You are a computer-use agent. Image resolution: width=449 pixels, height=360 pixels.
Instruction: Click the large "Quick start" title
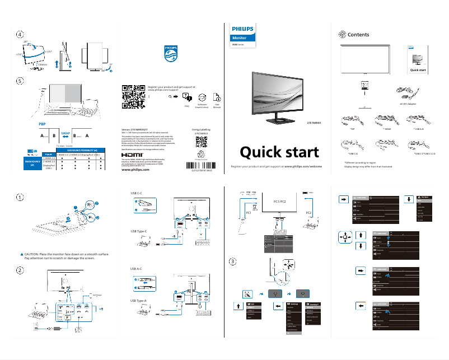point(279,152)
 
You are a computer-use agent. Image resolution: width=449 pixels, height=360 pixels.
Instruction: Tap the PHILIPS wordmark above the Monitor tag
point(242,27)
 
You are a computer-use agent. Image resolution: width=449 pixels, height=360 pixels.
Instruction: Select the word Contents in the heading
point(358,35)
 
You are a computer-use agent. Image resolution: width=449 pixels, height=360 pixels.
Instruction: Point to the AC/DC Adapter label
point(404,104)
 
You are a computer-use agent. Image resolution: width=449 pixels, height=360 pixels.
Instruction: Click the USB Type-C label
point(139,231)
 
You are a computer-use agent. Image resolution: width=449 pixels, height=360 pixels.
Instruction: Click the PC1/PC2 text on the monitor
point(279,201)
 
